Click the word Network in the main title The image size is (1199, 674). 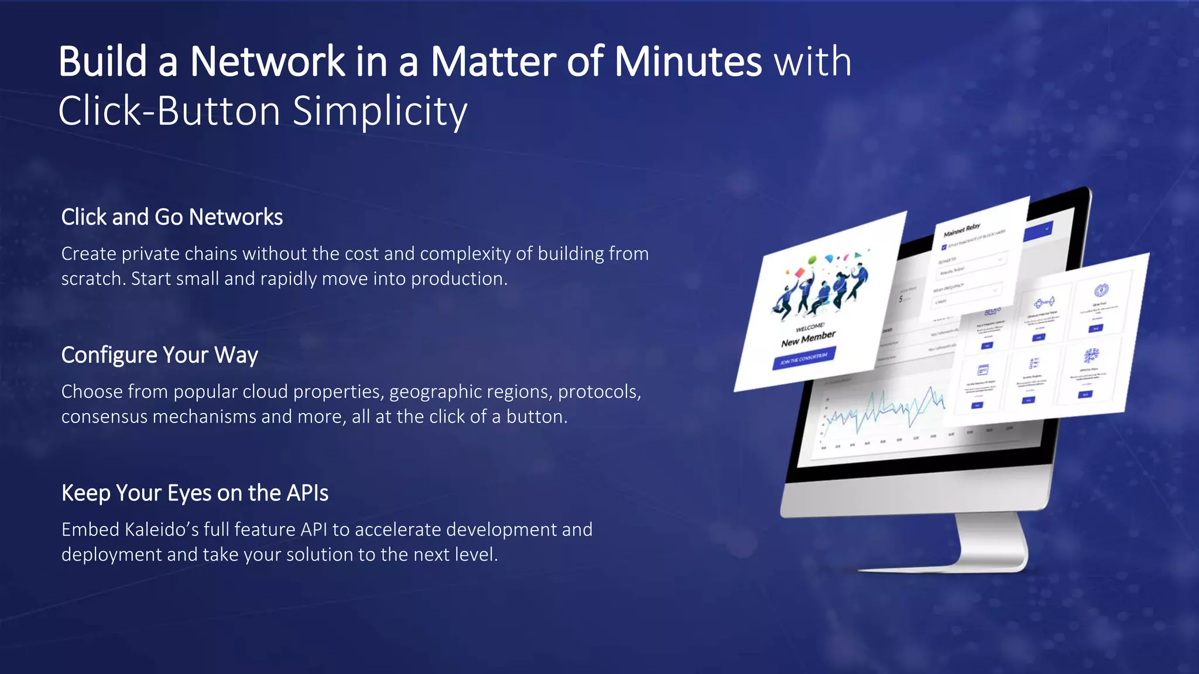pyautogui.click(x=267, y=61)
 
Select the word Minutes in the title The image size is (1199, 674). pyautogui.click(x=687, y=61)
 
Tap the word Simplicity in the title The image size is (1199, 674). pyautogui.click(x=379, y=111)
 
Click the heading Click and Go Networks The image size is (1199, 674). pyautogui.click(x=172, y=217)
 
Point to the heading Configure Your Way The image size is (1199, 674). pyautogui.click(x=159, y=355)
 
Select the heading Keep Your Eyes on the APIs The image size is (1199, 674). pyautogui.click(x=194, y=493)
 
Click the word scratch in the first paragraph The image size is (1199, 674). pyautogui.click(x=93, y=279)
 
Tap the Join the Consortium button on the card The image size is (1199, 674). pyautogui.click(x=804, y=357)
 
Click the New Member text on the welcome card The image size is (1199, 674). pyautogui.click(x=808, y=339)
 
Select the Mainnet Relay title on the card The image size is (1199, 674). pyautogui.click(x=961, y=229)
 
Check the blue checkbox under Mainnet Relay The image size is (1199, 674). pyautogui.click(x=943, y=247)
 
